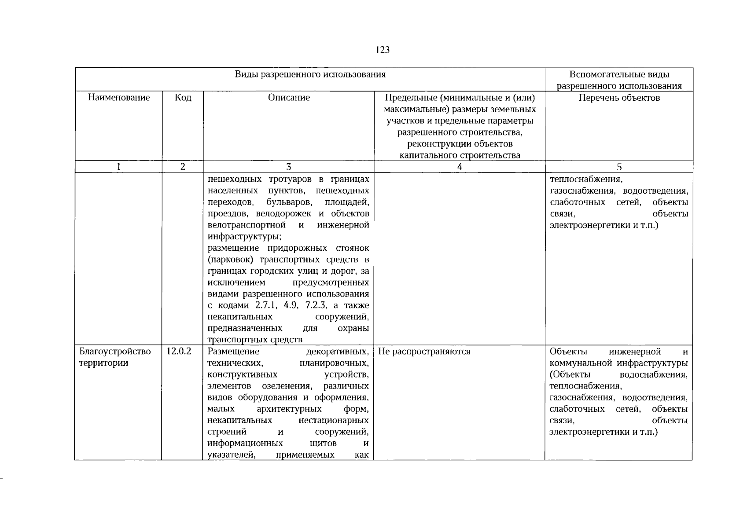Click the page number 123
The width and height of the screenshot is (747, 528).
[383, 50]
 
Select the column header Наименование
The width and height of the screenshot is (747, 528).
[118, 98]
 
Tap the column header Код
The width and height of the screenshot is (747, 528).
[183, 98]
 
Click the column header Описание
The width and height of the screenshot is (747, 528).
[289, 98]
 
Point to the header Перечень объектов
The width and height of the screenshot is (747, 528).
[619, 98]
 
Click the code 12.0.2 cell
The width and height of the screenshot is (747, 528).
[179, 352]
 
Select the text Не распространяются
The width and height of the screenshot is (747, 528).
[424, 352]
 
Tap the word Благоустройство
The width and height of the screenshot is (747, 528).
[115, 352]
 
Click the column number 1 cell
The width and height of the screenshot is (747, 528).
[118, 167]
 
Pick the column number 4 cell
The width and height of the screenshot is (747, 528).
[460, 167]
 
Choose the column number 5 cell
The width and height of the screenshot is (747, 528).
[619, 167]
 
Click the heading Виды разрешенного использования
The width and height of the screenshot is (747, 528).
[310, 74]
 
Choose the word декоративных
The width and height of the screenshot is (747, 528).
[337, 352]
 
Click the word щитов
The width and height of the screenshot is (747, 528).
[323, 443]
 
